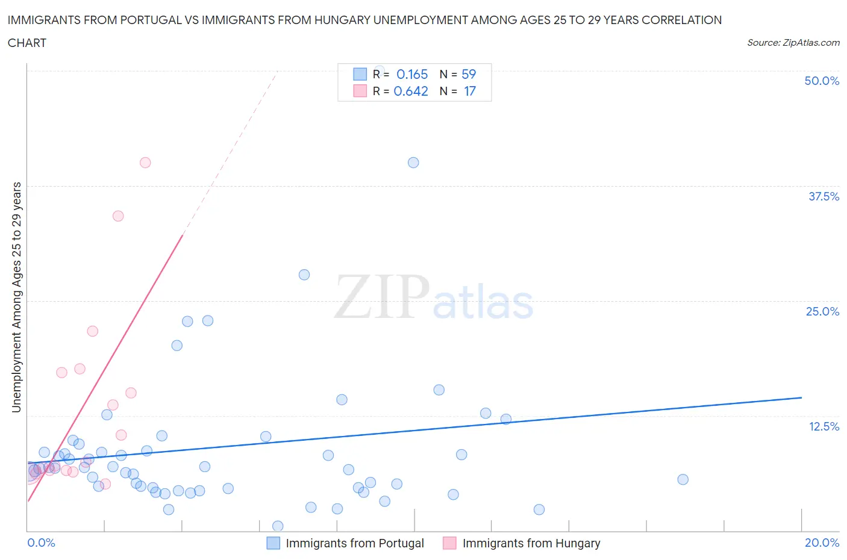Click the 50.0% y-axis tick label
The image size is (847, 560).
click(822, 81)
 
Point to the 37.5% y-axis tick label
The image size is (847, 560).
click(824, 196)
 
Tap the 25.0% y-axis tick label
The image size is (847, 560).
click(822, 311)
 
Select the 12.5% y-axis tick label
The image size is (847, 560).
click(824, 426)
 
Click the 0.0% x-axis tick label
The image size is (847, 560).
click(41, 543)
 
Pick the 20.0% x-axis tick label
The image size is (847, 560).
click(822, 543)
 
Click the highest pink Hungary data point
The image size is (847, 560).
click(145, 163)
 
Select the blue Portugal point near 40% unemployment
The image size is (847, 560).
click(413, 163)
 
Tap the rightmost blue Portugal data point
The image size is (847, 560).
click(683, 479)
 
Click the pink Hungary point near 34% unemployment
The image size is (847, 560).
click(118, 216)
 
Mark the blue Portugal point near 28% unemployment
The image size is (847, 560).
click(304, 275)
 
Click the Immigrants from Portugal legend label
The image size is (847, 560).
click(355, 543)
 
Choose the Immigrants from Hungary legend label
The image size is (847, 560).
click(531, 543)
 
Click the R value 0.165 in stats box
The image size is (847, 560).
click(412, 74)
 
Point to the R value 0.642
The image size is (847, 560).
click(411, 91)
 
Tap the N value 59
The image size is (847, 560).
click(469, 74)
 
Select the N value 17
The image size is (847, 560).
click(470, 91)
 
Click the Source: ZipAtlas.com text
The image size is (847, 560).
click(793, 42)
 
